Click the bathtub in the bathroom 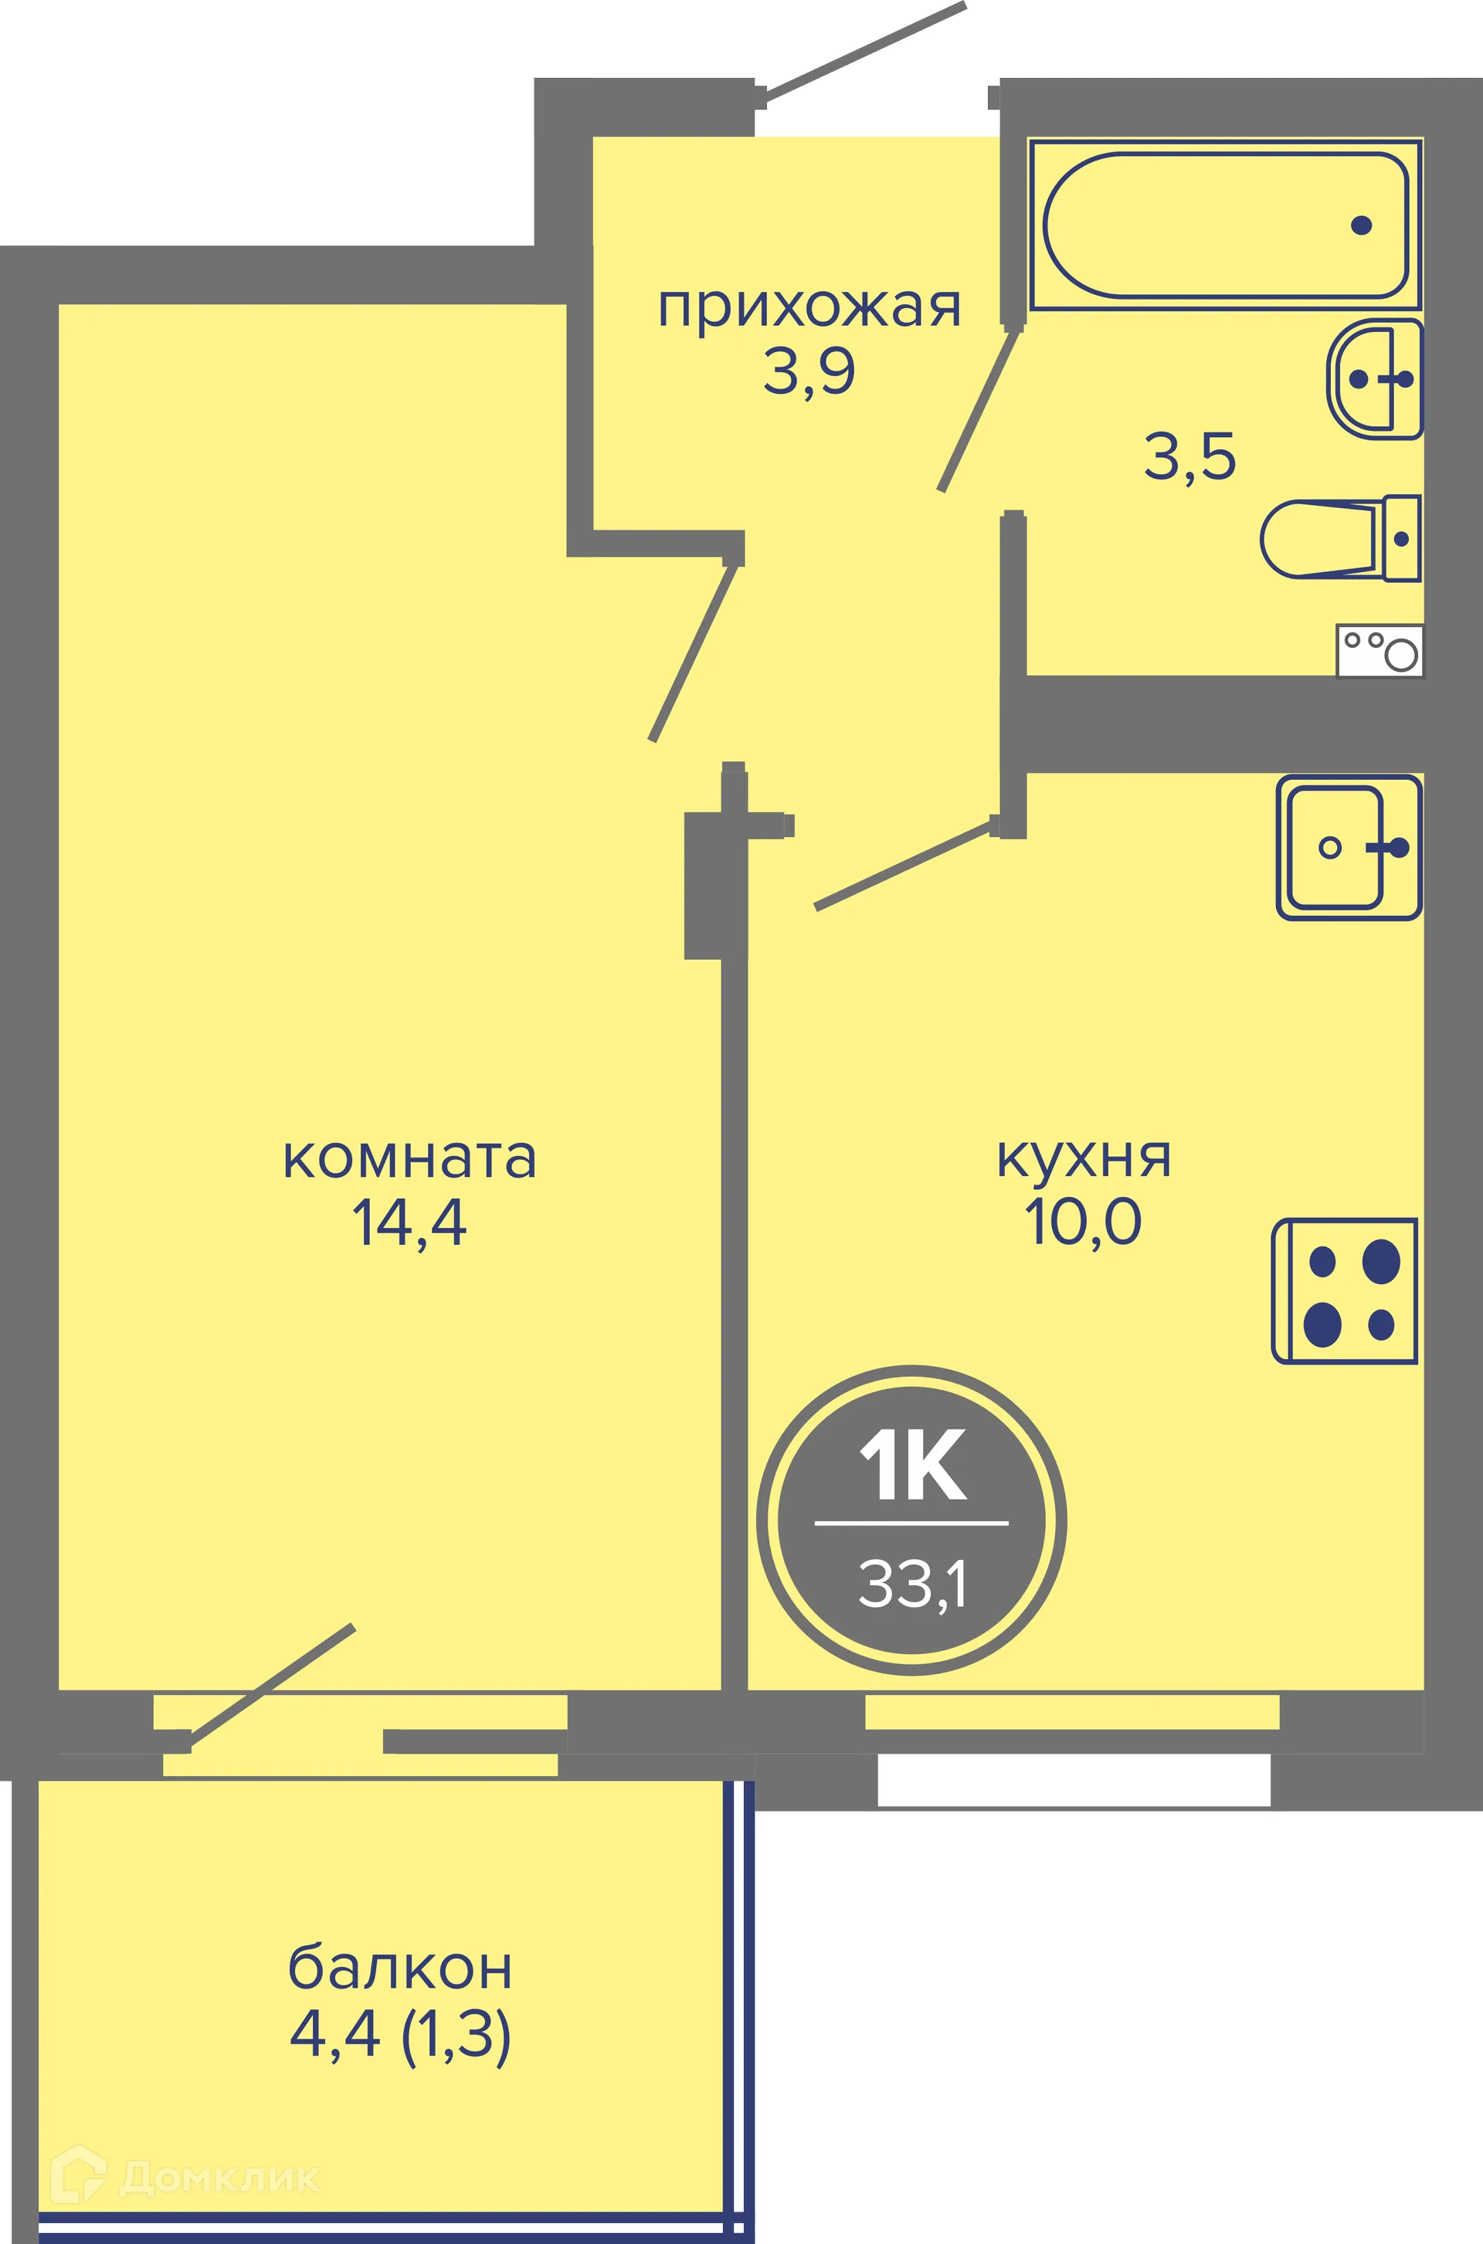(x=1226, y=225)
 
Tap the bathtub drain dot (x=1362, y=225)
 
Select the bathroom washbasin (x=1374, y=379)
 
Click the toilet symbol (x=1339, y=538)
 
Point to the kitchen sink (x=1348, y=847)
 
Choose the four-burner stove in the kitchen (x=1345, y=1291)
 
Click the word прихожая (x=809, y=308)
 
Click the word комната (x=409, y=1158)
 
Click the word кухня (x=1084, y=1158)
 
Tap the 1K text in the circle (x=911, y=1465)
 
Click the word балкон (x=400, y=1969)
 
